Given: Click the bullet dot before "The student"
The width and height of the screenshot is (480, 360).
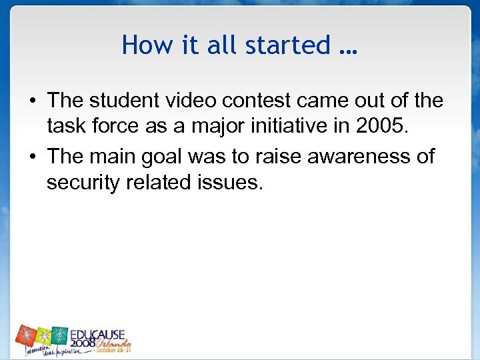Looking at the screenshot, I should tap(31, 101).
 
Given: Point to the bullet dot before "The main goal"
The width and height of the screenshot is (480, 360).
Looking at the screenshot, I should tap(31, 157).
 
